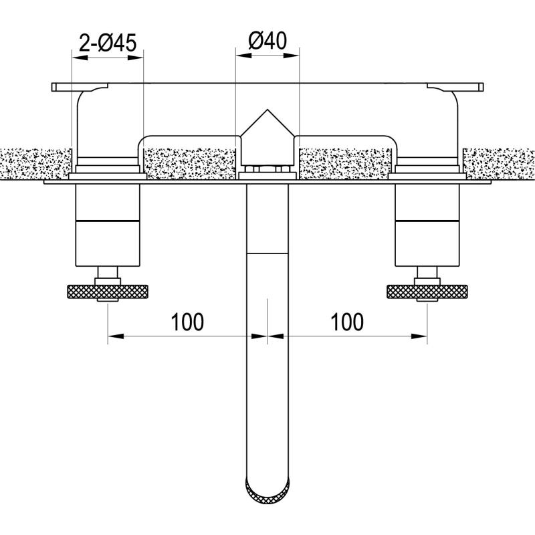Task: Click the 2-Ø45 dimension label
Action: (108, 43)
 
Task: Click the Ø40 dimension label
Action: (267, 40)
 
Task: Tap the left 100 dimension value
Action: (187, 322)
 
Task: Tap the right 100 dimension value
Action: (347, 322)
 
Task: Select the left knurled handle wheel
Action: (108, 292)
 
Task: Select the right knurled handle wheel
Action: (427, 292)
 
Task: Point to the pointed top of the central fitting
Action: (267, 110)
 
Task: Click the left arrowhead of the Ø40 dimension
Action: (243, 56)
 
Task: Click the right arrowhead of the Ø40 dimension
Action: (292, 56)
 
